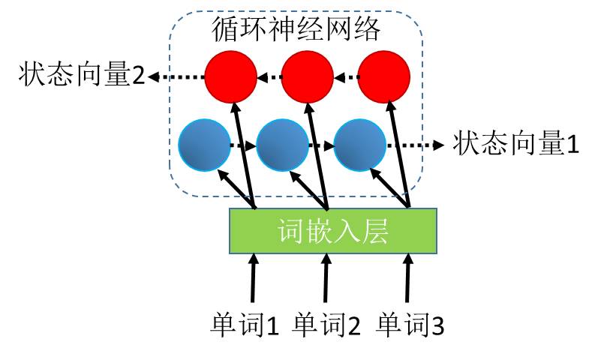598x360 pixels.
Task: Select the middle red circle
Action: [308, 77]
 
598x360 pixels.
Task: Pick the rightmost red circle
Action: [384, 77]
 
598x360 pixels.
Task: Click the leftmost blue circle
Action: [205, 145]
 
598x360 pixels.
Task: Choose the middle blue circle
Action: [282, 145]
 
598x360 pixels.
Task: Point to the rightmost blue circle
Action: [359, 145]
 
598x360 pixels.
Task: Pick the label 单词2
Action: [326, 325]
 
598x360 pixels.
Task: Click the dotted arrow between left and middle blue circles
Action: [243, 145]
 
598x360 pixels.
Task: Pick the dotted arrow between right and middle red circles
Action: [346, 77]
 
